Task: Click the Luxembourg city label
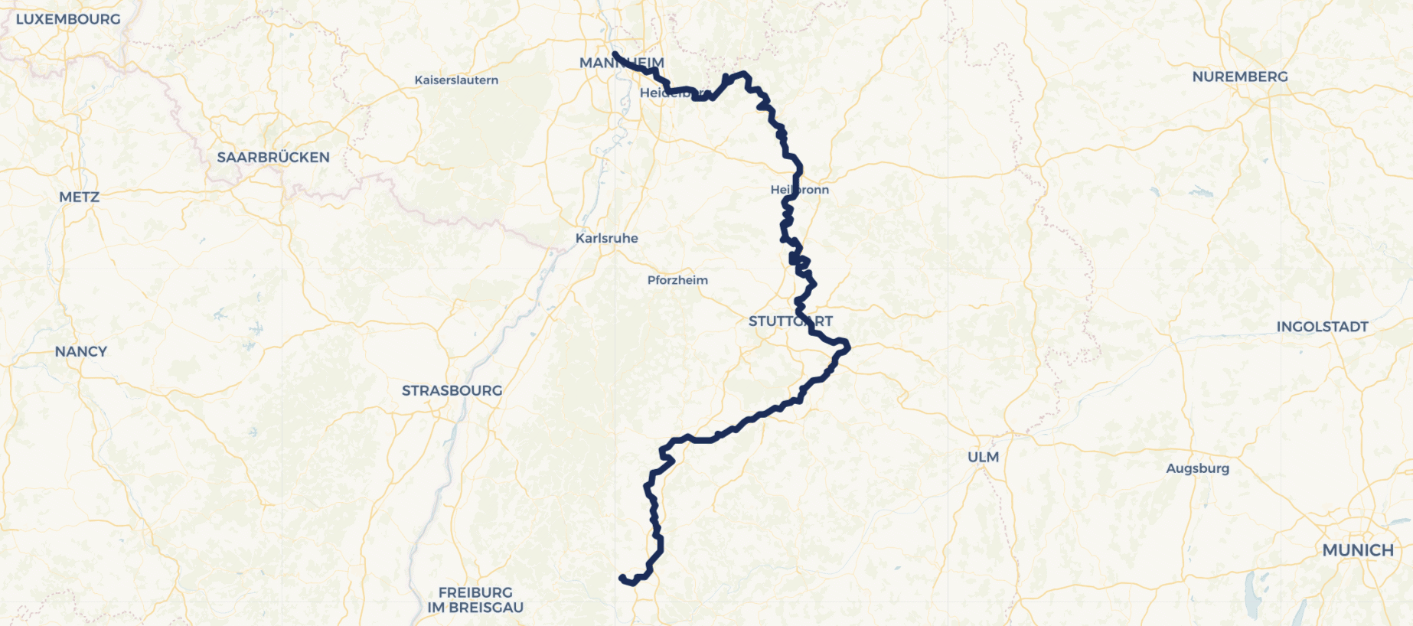point(68,19)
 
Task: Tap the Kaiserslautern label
point(456,80)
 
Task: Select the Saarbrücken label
point(273,158)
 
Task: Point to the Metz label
point(80,197)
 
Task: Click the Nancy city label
point(81,352)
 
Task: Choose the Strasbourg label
point(452,391)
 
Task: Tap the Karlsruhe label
point(607,239)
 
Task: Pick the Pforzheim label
point(677,280)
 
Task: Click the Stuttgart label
point(790,321)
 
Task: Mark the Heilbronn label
point(800,190)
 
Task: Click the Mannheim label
point(622,64)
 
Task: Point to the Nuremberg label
point(1240,77)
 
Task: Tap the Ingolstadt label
point(1322,327)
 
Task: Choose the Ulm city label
point(983,457)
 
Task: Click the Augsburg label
point(1197,468)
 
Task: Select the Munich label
point(1358,550)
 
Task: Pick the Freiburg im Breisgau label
point(475,600)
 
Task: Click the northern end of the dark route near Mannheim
point(615,54)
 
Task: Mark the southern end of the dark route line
point(622,578)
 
